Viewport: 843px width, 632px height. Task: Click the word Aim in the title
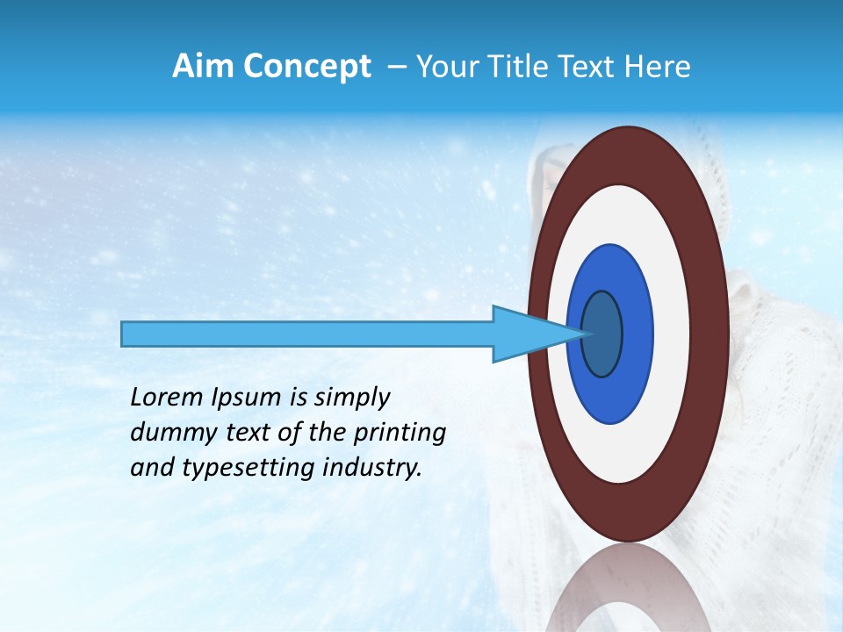point(202,67)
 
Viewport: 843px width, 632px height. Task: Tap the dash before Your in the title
point(397,68)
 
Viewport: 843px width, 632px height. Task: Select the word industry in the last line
point(382,468)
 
